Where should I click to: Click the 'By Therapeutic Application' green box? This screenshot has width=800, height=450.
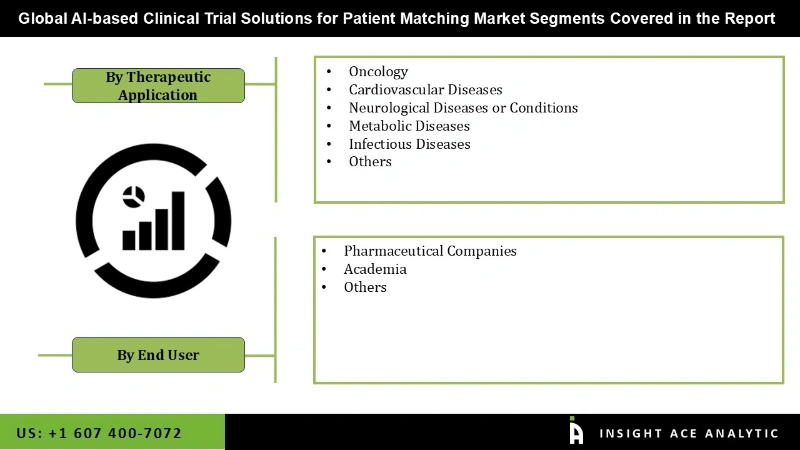tap(158, 86)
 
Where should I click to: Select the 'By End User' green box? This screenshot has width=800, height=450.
tap(158, 355)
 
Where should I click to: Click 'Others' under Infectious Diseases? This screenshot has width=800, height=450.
tap(370, 162)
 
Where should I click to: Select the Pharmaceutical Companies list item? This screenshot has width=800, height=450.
tap(430, 251)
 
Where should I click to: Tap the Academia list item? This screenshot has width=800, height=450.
tap(375, 269)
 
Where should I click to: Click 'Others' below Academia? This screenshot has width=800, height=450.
tap(365, 287)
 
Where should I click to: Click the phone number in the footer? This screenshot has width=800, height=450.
tap(100, 433)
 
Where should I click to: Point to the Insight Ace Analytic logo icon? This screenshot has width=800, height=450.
tap(576, 431)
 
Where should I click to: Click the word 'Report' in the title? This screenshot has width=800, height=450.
tap(749, 18)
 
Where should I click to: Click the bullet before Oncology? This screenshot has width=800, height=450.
tap(329, 72)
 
